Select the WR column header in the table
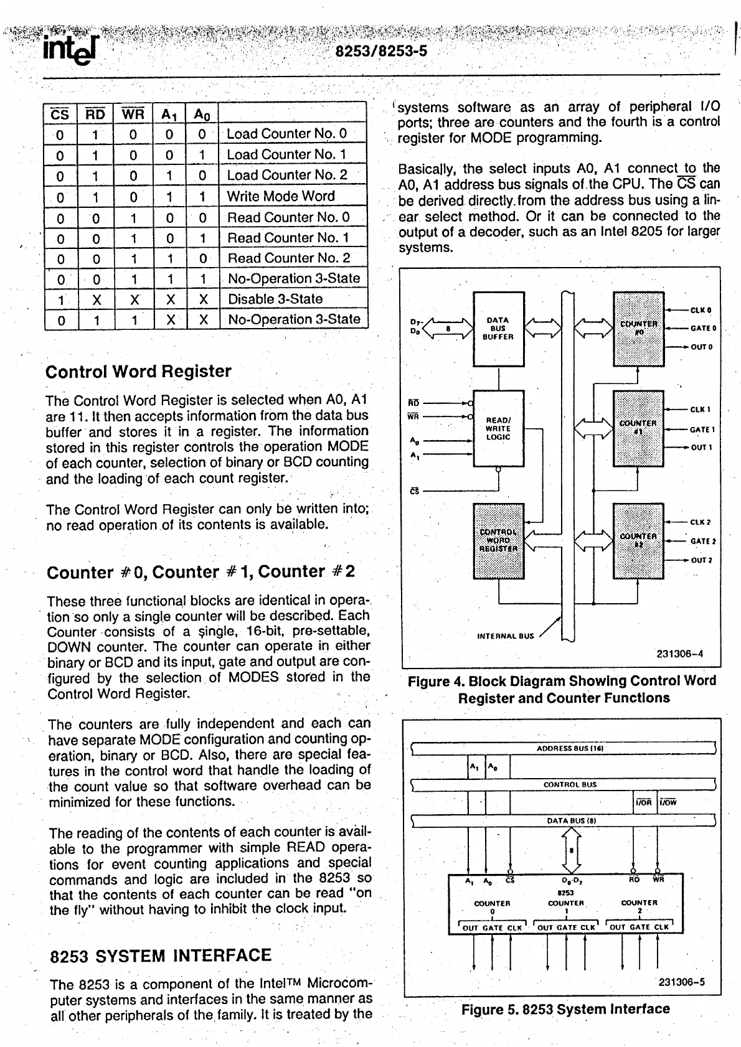pos(133,114)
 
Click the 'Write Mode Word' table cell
pos(281,196)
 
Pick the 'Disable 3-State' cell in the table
pos(275,299)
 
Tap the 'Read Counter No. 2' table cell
pos(288,258)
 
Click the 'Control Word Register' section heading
pos(138,372)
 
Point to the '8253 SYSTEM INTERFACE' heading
pos(161,956)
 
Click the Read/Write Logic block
pos(498,428)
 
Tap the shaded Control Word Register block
pos(498,540)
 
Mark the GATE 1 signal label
pos(702,430)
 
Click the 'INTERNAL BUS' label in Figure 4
pos(505,636)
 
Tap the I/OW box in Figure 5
pos(668,802)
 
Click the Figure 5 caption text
pos(565,1009)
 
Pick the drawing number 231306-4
pos(680,654)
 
